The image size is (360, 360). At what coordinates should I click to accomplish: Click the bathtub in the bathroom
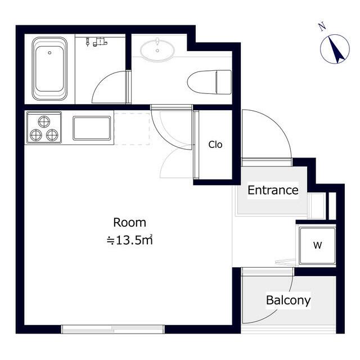[x=49, y=69]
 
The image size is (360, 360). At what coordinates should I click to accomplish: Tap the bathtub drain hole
[x=49, y=53]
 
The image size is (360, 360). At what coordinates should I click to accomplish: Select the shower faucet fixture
[x=97, y=42]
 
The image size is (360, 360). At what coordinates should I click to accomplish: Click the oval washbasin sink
[x=157, y=50]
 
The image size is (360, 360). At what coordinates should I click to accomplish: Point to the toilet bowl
[x=209, y=82]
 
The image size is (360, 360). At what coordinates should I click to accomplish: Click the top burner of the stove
[x=44, y=121]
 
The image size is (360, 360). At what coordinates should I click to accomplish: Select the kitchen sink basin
[x=92, y=128]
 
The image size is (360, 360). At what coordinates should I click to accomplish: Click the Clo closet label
[x=215, y=145]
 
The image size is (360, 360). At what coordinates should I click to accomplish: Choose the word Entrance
[x=273, y=190]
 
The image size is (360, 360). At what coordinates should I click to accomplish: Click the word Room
[x=130, y=223]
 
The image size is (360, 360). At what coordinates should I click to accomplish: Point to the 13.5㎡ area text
[x=130, y=240]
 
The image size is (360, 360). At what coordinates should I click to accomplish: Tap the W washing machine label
[x=317, y=245]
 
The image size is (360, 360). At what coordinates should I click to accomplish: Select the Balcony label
[x=289, y=300]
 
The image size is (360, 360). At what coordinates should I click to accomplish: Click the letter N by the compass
[x=322, y=26]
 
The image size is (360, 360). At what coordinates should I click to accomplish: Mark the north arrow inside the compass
[x=335, y=49]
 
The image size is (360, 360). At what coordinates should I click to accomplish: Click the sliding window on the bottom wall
[x=113, y=329]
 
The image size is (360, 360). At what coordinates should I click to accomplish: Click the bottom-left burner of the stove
[x=36, y=135]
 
